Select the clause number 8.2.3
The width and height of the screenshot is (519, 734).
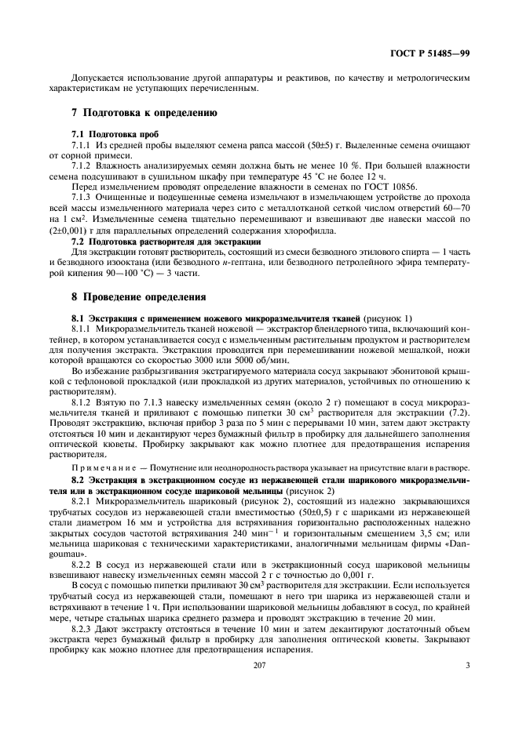pyautogui.click(x=84, y=620)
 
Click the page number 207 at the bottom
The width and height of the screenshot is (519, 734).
pyautogui.click(x=259, y=667)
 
